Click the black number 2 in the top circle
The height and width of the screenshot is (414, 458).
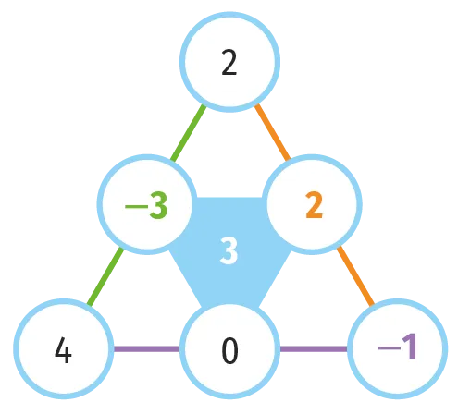pos(229,63)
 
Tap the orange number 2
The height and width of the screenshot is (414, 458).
pos(315,205)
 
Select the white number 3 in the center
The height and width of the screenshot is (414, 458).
pos(229,250)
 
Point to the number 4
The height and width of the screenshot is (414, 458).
pos(63,349)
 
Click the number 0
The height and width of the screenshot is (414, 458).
pos(229,350)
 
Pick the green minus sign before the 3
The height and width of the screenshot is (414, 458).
pos(136,206)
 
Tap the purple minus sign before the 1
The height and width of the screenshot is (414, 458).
pos(389,348)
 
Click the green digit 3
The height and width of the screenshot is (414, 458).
pos(158,205)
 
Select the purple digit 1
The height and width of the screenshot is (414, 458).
pos(410,347)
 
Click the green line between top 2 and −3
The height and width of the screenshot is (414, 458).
pos(188,133)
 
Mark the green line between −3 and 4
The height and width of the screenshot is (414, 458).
pos(105,277)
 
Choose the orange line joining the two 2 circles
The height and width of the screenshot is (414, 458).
pos(273,133)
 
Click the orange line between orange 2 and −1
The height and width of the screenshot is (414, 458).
pos(355,276)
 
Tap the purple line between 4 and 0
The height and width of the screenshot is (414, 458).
pos(147,349)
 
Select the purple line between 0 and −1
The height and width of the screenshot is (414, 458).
pos(314,349)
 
